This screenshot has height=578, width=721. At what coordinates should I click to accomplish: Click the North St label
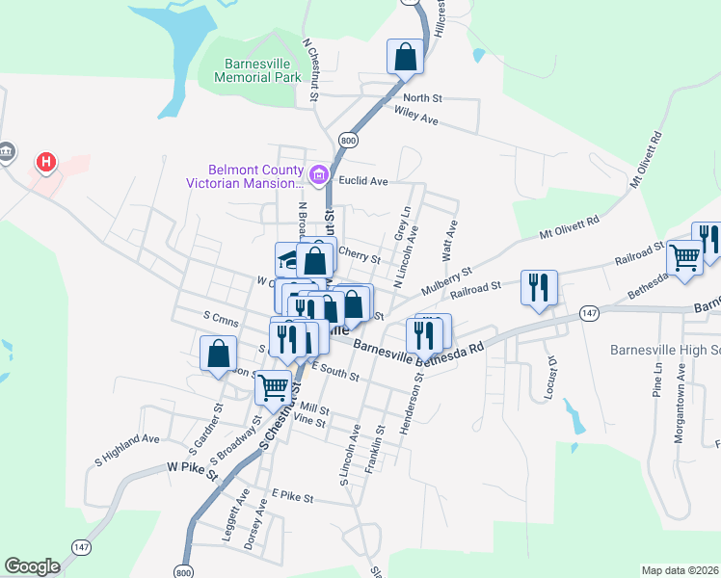coord(422,98)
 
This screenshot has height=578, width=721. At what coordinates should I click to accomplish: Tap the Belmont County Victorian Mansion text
coord(254,175)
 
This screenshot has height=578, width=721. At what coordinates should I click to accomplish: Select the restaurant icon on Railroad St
coord(538,287)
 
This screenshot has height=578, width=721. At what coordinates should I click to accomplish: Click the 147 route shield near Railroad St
coord(590,313)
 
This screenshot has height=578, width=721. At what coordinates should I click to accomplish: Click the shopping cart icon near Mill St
coord(274,387)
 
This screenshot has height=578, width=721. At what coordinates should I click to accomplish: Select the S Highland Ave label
coord(126,451)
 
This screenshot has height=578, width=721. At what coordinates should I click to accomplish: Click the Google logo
coord(32,566)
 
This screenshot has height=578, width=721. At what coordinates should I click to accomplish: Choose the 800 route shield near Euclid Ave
coord(349,141)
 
